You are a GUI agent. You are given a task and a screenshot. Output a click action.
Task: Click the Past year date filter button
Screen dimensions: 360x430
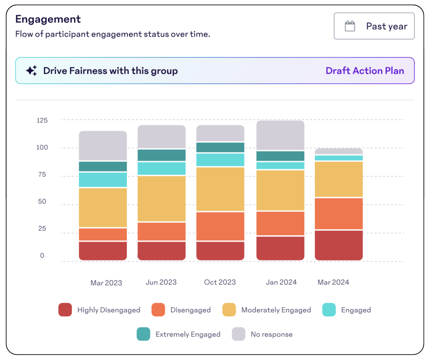point(374,26)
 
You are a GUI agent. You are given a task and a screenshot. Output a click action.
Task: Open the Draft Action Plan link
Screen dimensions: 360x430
point(365,71)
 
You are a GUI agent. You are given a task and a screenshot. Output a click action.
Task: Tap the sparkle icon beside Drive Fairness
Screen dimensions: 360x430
point(31,71)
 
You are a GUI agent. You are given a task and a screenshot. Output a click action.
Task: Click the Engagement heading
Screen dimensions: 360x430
point(48,19)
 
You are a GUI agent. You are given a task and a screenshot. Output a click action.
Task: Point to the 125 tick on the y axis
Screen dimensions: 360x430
point(42,120)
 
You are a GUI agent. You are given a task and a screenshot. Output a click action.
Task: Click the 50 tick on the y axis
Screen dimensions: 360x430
point(42,201)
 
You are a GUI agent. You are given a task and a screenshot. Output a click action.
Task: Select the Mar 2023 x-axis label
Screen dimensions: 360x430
point(106,283)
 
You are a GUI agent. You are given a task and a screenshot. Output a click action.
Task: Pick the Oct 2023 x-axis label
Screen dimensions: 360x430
point(220,282)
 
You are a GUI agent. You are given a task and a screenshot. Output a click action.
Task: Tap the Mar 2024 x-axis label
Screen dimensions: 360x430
point(333,282)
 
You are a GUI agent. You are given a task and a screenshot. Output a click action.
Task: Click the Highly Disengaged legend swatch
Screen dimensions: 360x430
point(65,310)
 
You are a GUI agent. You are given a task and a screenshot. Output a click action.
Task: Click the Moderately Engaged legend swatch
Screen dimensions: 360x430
point(229,310)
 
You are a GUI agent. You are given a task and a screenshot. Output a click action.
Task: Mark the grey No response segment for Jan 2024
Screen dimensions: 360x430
point(280,135)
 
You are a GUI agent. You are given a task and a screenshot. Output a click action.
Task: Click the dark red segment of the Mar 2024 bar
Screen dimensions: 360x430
point(339,245)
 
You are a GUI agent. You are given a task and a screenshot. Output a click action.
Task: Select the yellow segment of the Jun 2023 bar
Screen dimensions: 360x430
point(161,198)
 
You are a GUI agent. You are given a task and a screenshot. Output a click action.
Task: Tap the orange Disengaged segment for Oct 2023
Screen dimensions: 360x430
point(220,226)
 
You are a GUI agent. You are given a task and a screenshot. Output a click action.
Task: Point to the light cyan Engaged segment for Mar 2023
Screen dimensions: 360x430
point(103,180)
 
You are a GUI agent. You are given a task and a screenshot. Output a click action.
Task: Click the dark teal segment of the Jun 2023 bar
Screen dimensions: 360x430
point(161,155)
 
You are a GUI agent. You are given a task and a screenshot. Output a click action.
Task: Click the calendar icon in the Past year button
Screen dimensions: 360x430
point(350,26)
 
